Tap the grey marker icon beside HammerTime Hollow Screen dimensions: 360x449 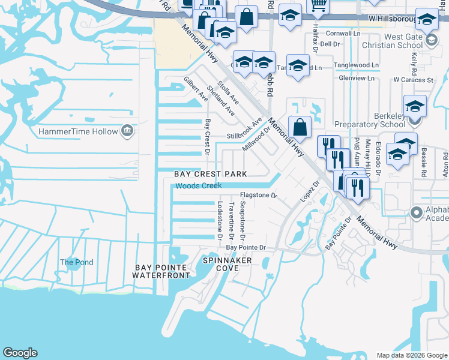127,131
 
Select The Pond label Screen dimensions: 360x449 76,262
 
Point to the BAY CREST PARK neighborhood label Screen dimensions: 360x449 211,174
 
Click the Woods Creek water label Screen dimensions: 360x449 199,187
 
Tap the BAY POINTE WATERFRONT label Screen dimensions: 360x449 162,271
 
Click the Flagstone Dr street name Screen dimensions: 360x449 258,196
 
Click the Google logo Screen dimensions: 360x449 20,353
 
